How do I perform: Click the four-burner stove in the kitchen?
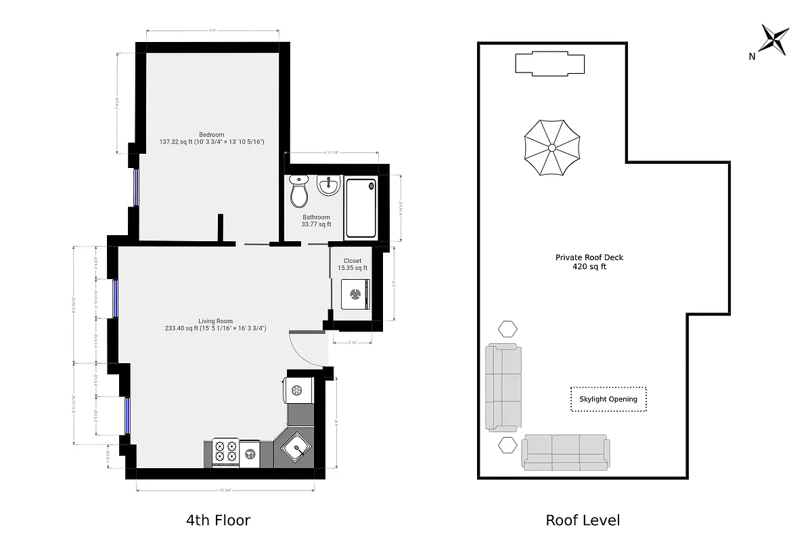coord(226,452)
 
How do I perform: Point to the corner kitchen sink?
coord(294,448)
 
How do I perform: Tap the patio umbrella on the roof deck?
coord(552,148)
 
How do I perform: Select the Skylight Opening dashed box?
coord(608,399)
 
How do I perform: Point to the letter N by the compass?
coord(752,57)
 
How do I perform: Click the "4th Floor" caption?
coord(218,520)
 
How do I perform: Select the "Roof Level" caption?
coord(583,520)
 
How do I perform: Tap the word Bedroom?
coord(211,134)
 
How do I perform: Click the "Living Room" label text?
coord(215,321)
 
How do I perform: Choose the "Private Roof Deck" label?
coord(589,257)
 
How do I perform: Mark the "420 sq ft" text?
coord(589,267)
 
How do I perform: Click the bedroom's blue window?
coord(136,186)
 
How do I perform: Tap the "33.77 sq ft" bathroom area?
coord(316,224)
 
